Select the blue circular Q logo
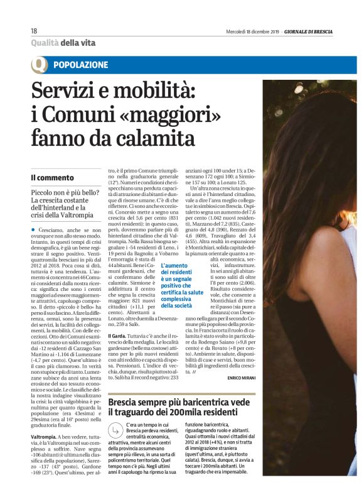click(x=40, y=64)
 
